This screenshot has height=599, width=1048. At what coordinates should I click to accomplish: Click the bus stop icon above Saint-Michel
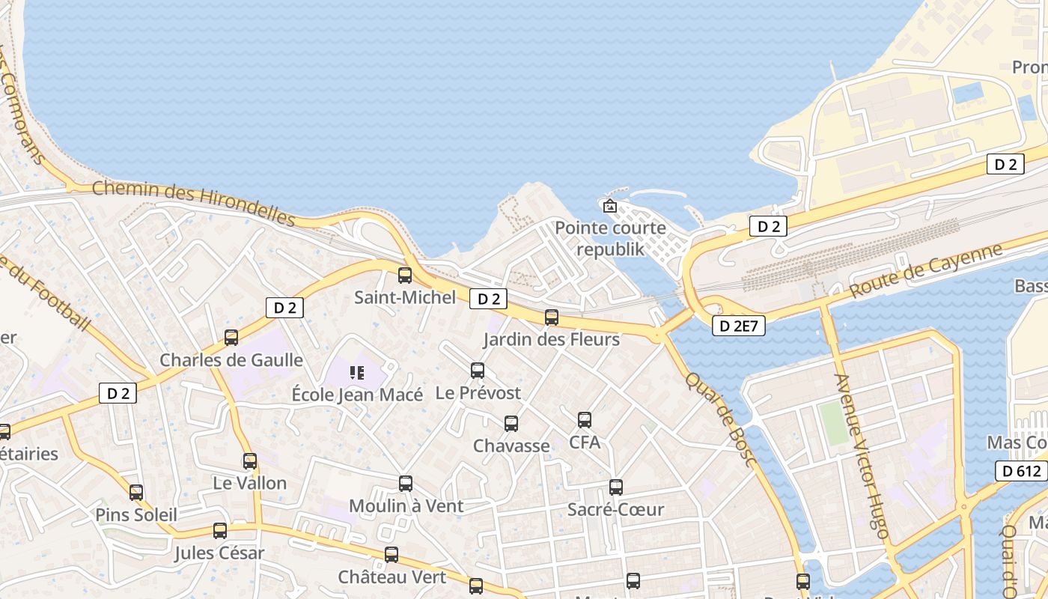(405, 276)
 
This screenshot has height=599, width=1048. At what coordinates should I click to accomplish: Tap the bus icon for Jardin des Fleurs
(552, 317)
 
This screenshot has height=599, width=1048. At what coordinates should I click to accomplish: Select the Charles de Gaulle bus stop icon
(231, 338)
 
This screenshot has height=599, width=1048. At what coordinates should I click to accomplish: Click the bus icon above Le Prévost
(478, 371)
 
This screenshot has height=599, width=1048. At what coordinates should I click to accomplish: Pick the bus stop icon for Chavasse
(511, 424)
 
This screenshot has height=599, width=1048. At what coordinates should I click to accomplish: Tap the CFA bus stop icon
(585, 420)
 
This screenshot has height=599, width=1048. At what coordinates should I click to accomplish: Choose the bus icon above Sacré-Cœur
(616, 487)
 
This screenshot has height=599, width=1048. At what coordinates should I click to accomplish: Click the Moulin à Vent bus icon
(406, 484)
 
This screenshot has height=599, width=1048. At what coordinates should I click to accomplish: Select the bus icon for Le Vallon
(250, 461)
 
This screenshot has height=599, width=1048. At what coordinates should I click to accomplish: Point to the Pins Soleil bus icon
(136, 493)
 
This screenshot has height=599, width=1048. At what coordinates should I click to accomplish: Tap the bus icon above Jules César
(220, 531)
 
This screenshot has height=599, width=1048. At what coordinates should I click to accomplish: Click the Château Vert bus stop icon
(392, 555)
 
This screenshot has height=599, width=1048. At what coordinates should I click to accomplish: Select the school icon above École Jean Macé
(357, 372)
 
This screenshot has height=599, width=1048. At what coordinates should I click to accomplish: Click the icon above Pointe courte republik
(610, 205)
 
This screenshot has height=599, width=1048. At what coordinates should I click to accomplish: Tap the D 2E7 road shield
(738, 326)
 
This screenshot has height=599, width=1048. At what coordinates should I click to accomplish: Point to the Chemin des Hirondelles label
(194, 201)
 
